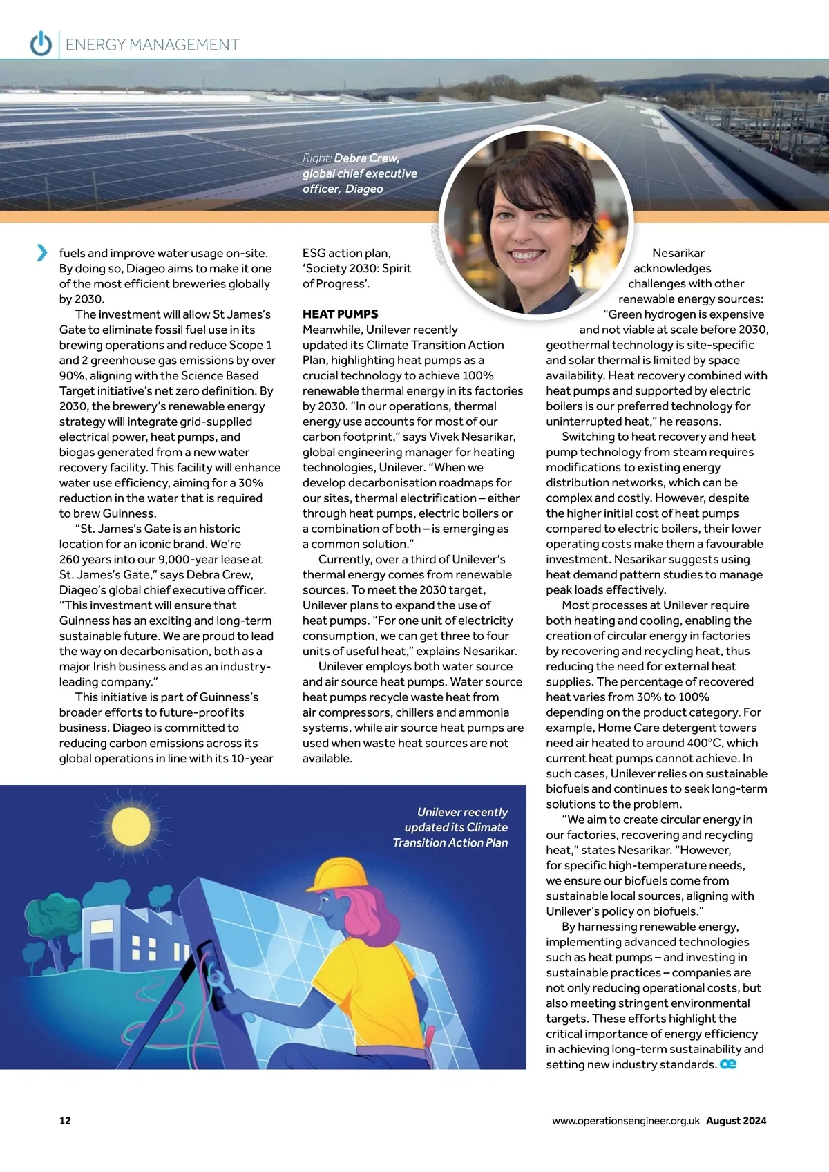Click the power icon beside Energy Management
click(x=41, y=44)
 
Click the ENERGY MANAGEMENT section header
click(x=152, y=45)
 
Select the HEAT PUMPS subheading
click(x=340, y=314)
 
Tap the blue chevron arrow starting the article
click(x=42, y=253)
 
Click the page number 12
click(x=65, y=1121)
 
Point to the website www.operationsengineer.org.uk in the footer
click(x=625, y=1121)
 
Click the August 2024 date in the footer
click(x=736, y=1121)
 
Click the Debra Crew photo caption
click(x=359, y=173)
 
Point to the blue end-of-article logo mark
click(x=728, y=1064)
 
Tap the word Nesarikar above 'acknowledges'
click(x=678, y=253)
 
